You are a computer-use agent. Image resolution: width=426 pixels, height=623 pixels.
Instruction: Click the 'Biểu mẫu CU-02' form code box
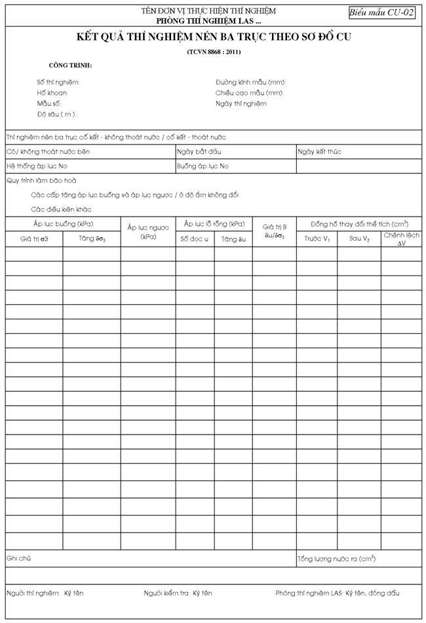coord(381,12)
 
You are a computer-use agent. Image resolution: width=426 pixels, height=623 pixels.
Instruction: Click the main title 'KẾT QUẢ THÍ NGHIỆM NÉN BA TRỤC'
coord(213,37)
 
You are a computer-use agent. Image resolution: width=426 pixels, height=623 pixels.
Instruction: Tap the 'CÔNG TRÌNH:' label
coord(70,66)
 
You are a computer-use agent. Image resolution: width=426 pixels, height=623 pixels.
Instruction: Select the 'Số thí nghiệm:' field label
coord(58,82)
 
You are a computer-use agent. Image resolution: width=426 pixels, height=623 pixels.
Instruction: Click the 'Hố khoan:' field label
coord(52,93)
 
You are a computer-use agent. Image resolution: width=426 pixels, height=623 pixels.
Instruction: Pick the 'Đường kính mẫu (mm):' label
coord(250,82)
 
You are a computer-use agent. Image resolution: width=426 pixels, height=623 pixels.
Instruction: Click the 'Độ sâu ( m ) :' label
coord(57,115)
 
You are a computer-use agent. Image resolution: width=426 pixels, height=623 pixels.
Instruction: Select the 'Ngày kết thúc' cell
coord(319,152)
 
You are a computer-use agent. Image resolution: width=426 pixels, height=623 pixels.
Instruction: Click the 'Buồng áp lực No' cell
coord(203,166)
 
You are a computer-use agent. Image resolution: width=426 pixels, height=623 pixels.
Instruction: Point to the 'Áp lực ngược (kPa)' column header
coord(147,232)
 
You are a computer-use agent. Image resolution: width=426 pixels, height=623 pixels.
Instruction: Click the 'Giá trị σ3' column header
coord(35,239)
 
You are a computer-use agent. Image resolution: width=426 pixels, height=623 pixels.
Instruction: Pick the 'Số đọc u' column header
coord(195,239)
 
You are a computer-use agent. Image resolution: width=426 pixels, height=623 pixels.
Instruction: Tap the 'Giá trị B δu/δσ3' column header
coord(274,232)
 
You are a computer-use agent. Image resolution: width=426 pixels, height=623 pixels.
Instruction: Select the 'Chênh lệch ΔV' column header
coord(402,239)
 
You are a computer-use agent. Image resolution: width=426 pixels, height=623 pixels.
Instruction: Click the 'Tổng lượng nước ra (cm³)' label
coord(336,559)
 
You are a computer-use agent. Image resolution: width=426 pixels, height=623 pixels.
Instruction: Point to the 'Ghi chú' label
coord(19,559)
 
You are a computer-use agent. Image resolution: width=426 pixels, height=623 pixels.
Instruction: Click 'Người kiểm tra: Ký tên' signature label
coord(178,594)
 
